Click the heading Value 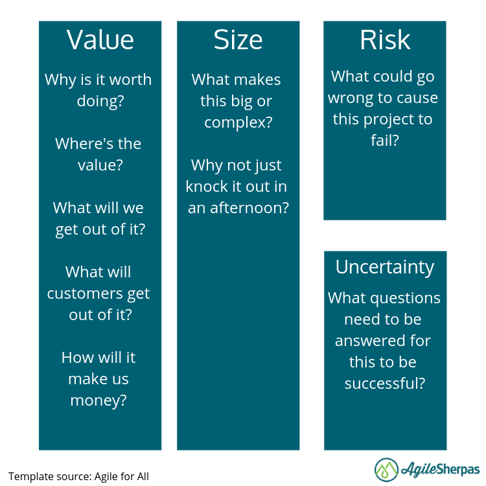point(100,40)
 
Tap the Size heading point(238,40)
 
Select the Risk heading point(385,40)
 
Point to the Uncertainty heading point(385,267)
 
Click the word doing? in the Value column point(100,101)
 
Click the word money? point(98,400)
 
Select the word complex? point(238,122)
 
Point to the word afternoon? point(249,207)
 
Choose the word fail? point(385,140)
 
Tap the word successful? point(385,383)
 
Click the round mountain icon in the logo point(386,470)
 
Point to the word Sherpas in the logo point(460,469)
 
